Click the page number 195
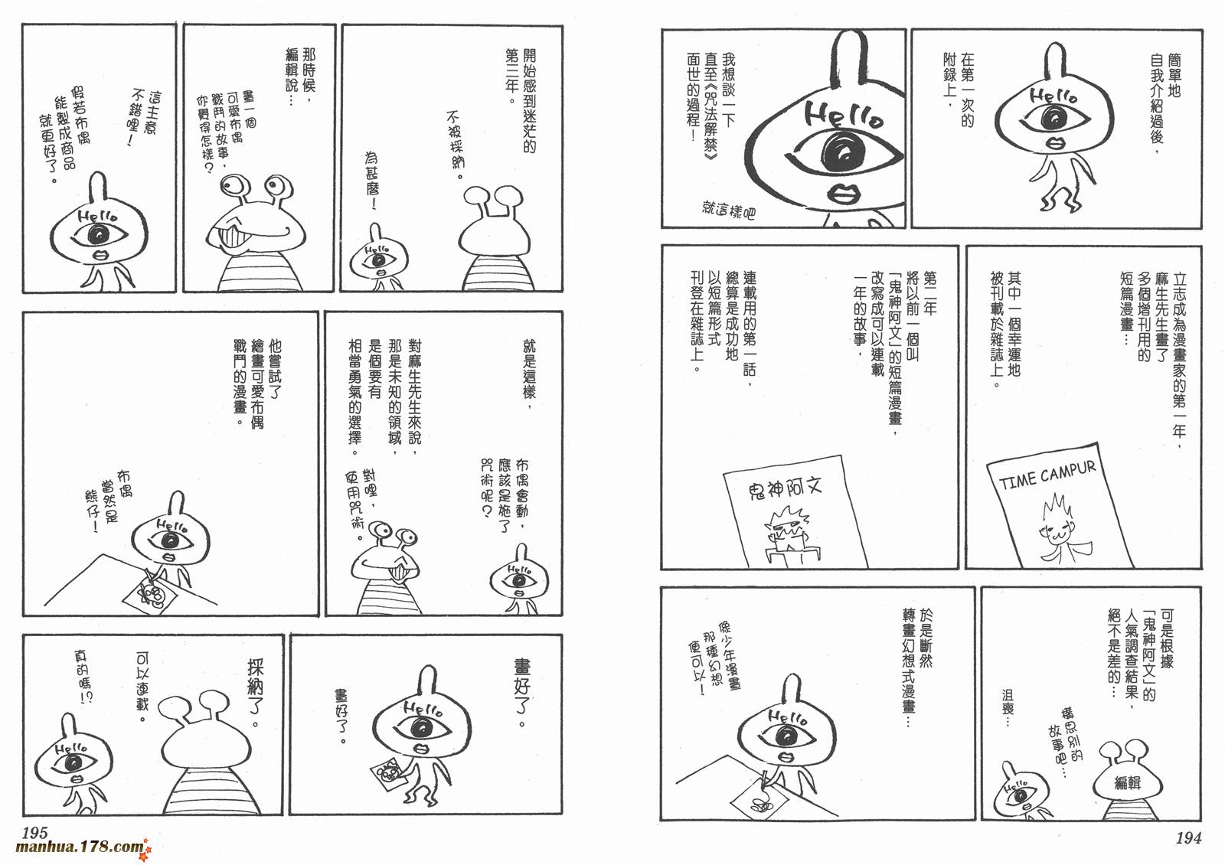[35, 834]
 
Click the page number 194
[1188, 838]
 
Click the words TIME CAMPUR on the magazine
[1047, 475]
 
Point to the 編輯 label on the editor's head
[1128, 783]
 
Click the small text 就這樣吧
[728, 210]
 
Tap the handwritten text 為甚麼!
[372, 181]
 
